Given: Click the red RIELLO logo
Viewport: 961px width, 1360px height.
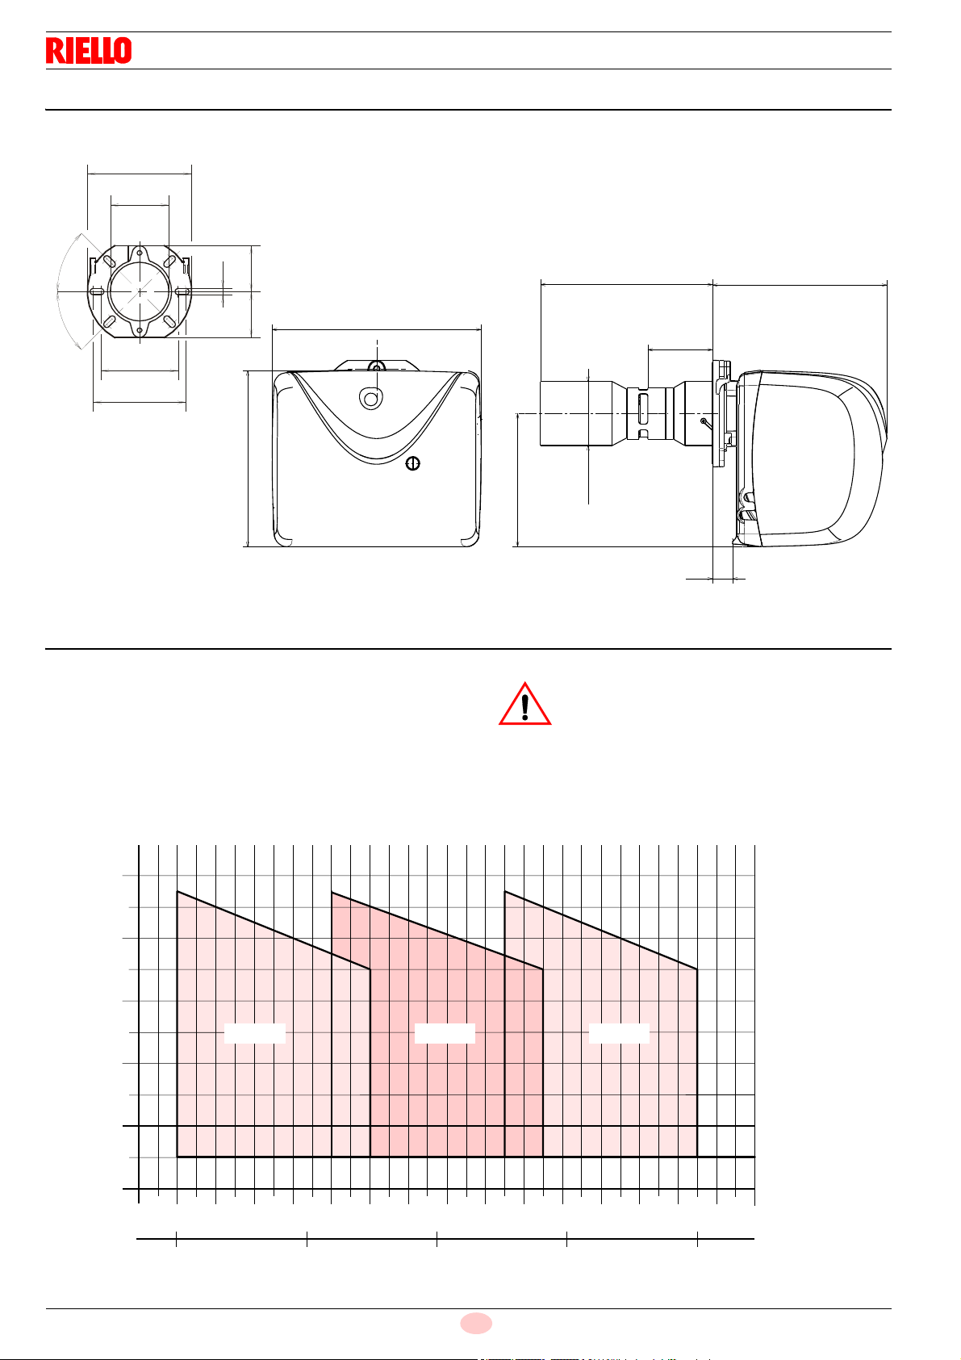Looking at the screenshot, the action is pyautogui.click(x=89, y=50).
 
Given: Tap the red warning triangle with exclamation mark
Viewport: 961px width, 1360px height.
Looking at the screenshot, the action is pyautogui.click(x=525, y=705).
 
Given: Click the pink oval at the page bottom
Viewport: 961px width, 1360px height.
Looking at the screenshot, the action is pyautogui.click(x=476, y=1323).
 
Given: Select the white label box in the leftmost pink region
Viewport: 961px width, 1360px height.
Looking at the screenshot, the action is pyautogui.click(x=255, y=1033).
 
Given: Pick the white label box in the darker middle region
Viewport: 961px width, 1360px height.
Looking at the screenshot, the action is pyautogui.click(x=445, y=1033).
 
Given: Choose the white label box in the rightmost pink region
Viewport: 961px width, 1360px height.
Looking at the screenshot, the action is pyautogui.click(x=619, y=1033).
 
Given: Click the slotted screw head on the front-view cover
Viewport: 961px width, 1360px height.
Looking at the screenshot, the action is pyautogui.click(x=413, y=464).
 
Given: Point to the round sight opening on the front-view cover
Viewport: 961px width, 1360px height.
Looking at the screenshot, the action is pyautogui.click(x=371, y=398).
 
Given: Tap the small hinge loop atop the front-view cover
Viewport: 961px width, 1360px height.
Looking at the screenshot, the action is pyautogui.click(x=377, y=366).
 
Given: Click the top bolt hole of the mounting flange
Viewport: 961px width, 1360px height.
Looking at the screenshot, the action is pyautogui.click(x=140, y=253).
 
